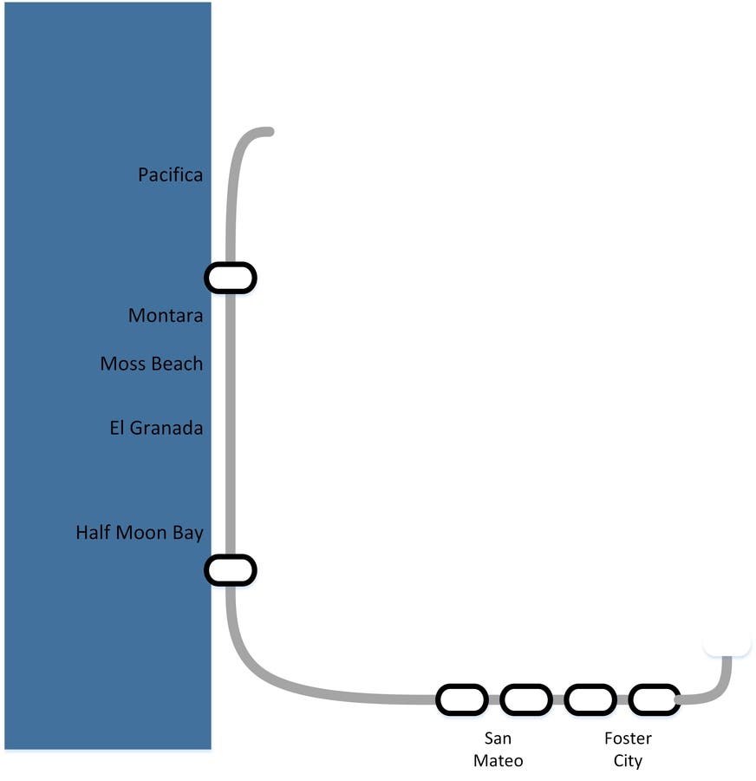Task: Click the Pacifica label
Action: pyautogui.click(x=170, y=174)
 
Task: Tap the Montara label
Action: pyautogui.click(x=166, y=315)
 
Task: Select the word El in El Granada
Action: pyautogui.click(x=116, y=428)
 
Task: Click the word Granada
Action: pyautogui.click(x=166, y=428)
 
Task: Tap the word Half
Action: pyautogui.click(x=93, y=532)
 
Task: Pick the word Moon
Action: pyautogui.click(x=141, y=532)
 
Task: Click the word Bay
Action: pyautogui.click(x=188, y=533)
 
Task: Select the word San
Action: pyautogui.click(x=498, y=738)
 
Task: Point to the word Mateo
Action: pyautogui.click(x=498, y=760)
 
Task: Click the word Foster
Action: pyautogui.click(x=628, y=738)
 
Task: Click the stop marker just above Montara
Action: pyautogui.click(x=231, y=278)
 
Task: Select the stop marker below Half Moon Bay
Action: pyautogui.click(x=231, y=570)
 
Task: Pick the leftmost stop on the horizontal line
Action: pyautogui.click(x=462, y=699)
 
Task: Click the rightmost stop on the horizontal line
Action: pyautogui.click(x=655, y=699)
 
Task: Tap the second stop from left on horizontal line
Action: pyautogui.click(x=526, y=699)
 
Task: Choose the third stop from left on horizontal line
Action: pyautogui.click(x=590, y=699)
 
